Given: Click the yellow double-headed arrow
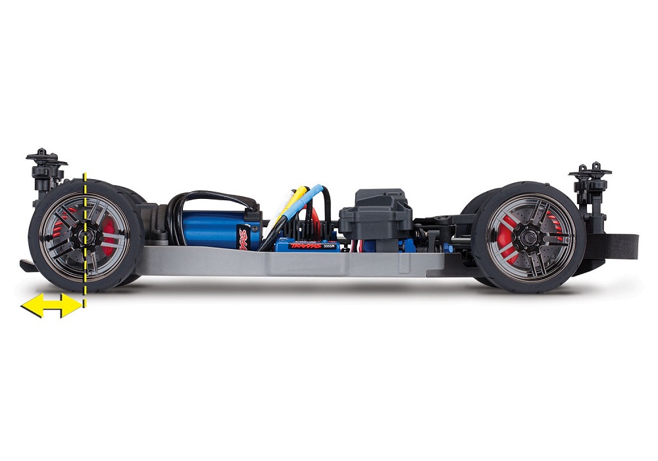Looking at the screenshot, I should (x=52, y=306).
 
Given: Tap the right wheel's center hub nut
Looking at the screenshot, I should (x=528, y=234).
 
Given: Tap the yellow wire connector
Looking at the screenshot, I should (x=297, y=196).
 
